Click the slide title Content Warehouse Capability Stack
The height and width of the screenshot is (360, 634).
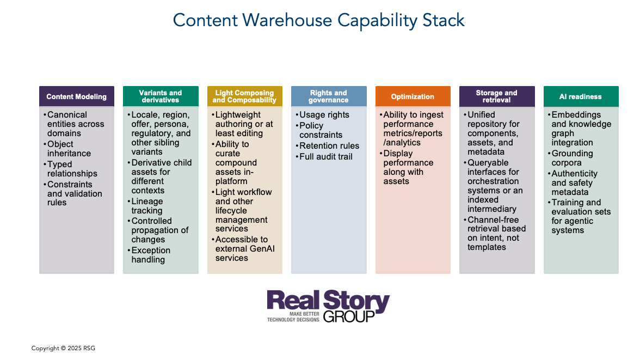[x=318, y=21]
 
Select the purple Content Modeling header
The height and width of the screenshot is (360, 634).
[x=77, y=96]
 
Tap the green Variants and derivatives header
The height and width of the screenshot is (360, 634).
[x=161, y=96]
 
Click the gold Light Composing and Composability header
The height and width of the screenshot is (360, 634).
[x=244, y=96]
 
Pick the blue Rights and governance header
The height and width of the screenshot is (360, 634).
[x=329, y=96]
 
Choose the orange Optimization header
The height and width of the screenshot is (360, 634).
[x=413, y=96]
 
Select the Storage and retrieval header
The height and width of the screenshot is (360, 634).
[x=497, y=96]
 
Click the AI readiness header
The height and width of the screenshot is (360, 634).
[x=581, y=96]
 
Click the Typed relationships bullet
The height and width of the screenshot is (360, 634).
[x=72, y=169]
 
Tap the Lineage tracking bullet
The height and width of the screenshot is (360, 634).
[x=147, y=206]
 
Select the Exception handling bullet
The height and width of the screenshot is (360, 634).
[x=151, y=255]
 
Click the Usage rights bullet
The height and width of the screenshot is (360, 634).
[x=325, y=115]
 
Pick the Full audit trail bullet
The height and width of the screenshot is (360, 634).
[x=326, y=157]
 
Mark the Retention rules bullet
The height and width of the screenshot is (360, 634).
[x=329, y=146]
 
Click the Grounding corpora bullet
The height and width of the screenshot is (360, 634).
[x=572, y=158]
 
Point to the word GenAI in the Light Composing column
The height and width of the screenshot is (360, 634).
[x=265, y=249]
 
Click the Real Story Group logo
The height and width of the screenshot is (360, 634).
[x=328, y=306]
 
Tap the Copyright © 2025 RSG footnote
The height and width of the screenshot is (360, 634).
[x=63, y=348]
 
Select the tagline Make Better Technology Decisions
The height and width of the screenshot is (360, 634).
[x=293, y=318]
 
